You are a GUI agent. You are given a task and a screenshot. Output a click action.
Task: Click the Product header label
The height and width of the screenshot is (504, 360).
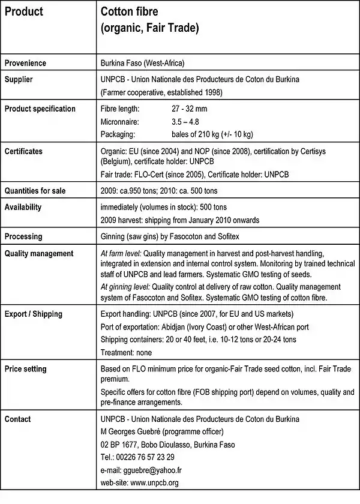tap(24, 12)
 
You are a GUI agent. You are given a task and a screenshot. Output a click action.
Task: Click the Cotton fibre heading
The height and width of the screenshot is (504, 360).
tap(129, 12)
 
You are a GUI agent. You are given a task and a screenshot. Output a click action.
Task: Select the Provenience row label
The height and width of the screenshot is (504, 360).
tap(25, 63)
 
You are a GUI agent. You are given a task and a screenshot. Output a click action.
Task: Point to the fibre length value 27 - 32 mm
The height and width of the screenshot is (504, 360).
tap(189, 109)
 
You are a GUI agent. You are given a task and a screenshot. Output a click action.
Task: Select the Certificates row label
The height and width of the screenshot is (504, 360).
tap(23, 151)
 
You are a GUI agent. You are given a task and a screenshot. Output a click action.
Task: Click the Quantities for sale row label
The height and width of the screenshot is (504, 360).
tap(35, 191)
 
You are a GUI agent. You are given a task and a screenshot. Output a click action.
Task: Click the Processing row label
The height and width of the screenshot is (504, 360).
tap(23, 236)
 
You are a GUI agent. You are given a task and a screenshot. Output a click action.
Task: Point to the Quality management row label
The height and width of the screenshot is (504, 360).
tap(39, 254)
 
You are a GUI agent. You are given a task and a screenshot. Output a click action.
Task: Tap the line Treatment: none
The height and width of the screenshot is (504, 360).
tap(126, 352)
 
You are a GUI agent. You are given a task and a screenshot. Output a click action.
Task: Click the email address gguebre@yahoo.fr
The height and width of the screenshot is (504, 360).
tap(163, 470)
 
